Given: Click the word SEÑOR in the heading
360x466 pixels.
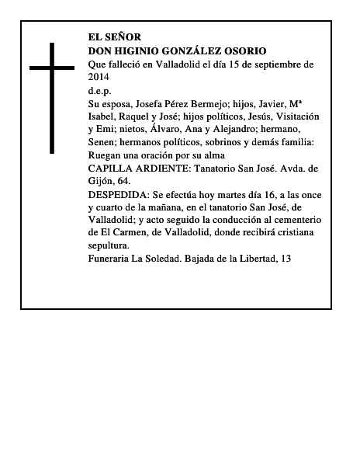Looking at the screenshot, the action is (x=125, y=37).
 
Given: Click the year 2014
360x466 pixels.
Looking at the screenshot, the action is (x=100, y=77).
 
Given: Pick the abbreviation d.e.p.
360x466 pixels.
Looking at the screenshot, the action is (x=100, y=90).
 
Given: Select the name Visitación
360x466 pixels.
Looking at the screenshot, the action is (x=292, y=116).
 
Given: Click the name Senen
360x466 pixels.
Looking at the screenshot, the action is (x=103, y=143).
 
